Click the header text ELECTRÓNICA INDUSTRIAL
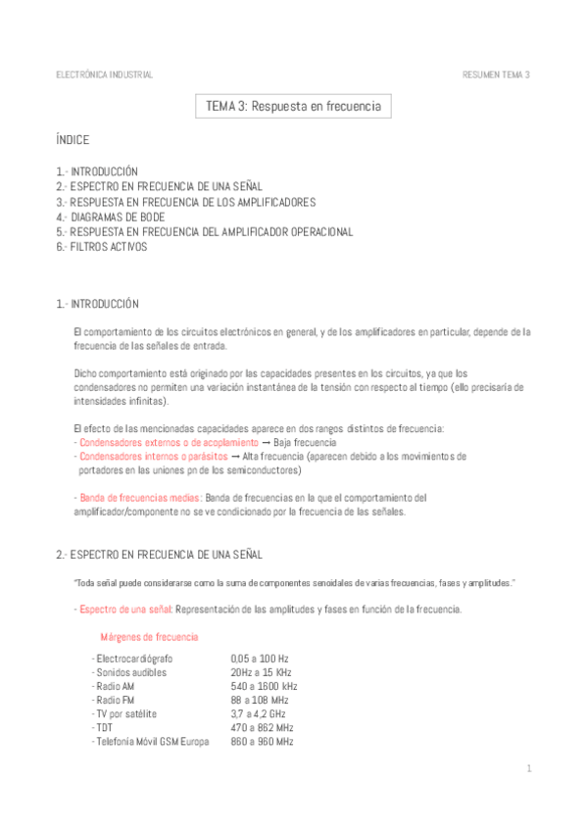(104, 74)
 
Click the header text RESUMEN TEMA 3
(496, 74)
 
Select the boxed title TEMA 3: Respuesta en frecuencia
(293, 106)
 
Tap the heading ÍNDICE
(73, 140)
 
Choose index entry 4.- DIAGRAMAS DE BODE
(111, 217)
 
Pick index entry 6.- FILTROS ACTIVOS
(102, 247)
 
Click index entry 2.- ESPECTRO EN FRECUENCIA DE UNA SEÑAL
(159, 185)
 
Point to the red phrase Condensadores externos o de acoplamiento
(160, 443)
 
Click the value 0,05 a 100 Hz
(260, 659)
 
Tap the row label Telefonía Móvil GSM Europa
(151, 742)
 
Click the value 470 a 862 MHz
(262, 728)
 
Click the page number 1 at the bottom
(528, 768)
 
